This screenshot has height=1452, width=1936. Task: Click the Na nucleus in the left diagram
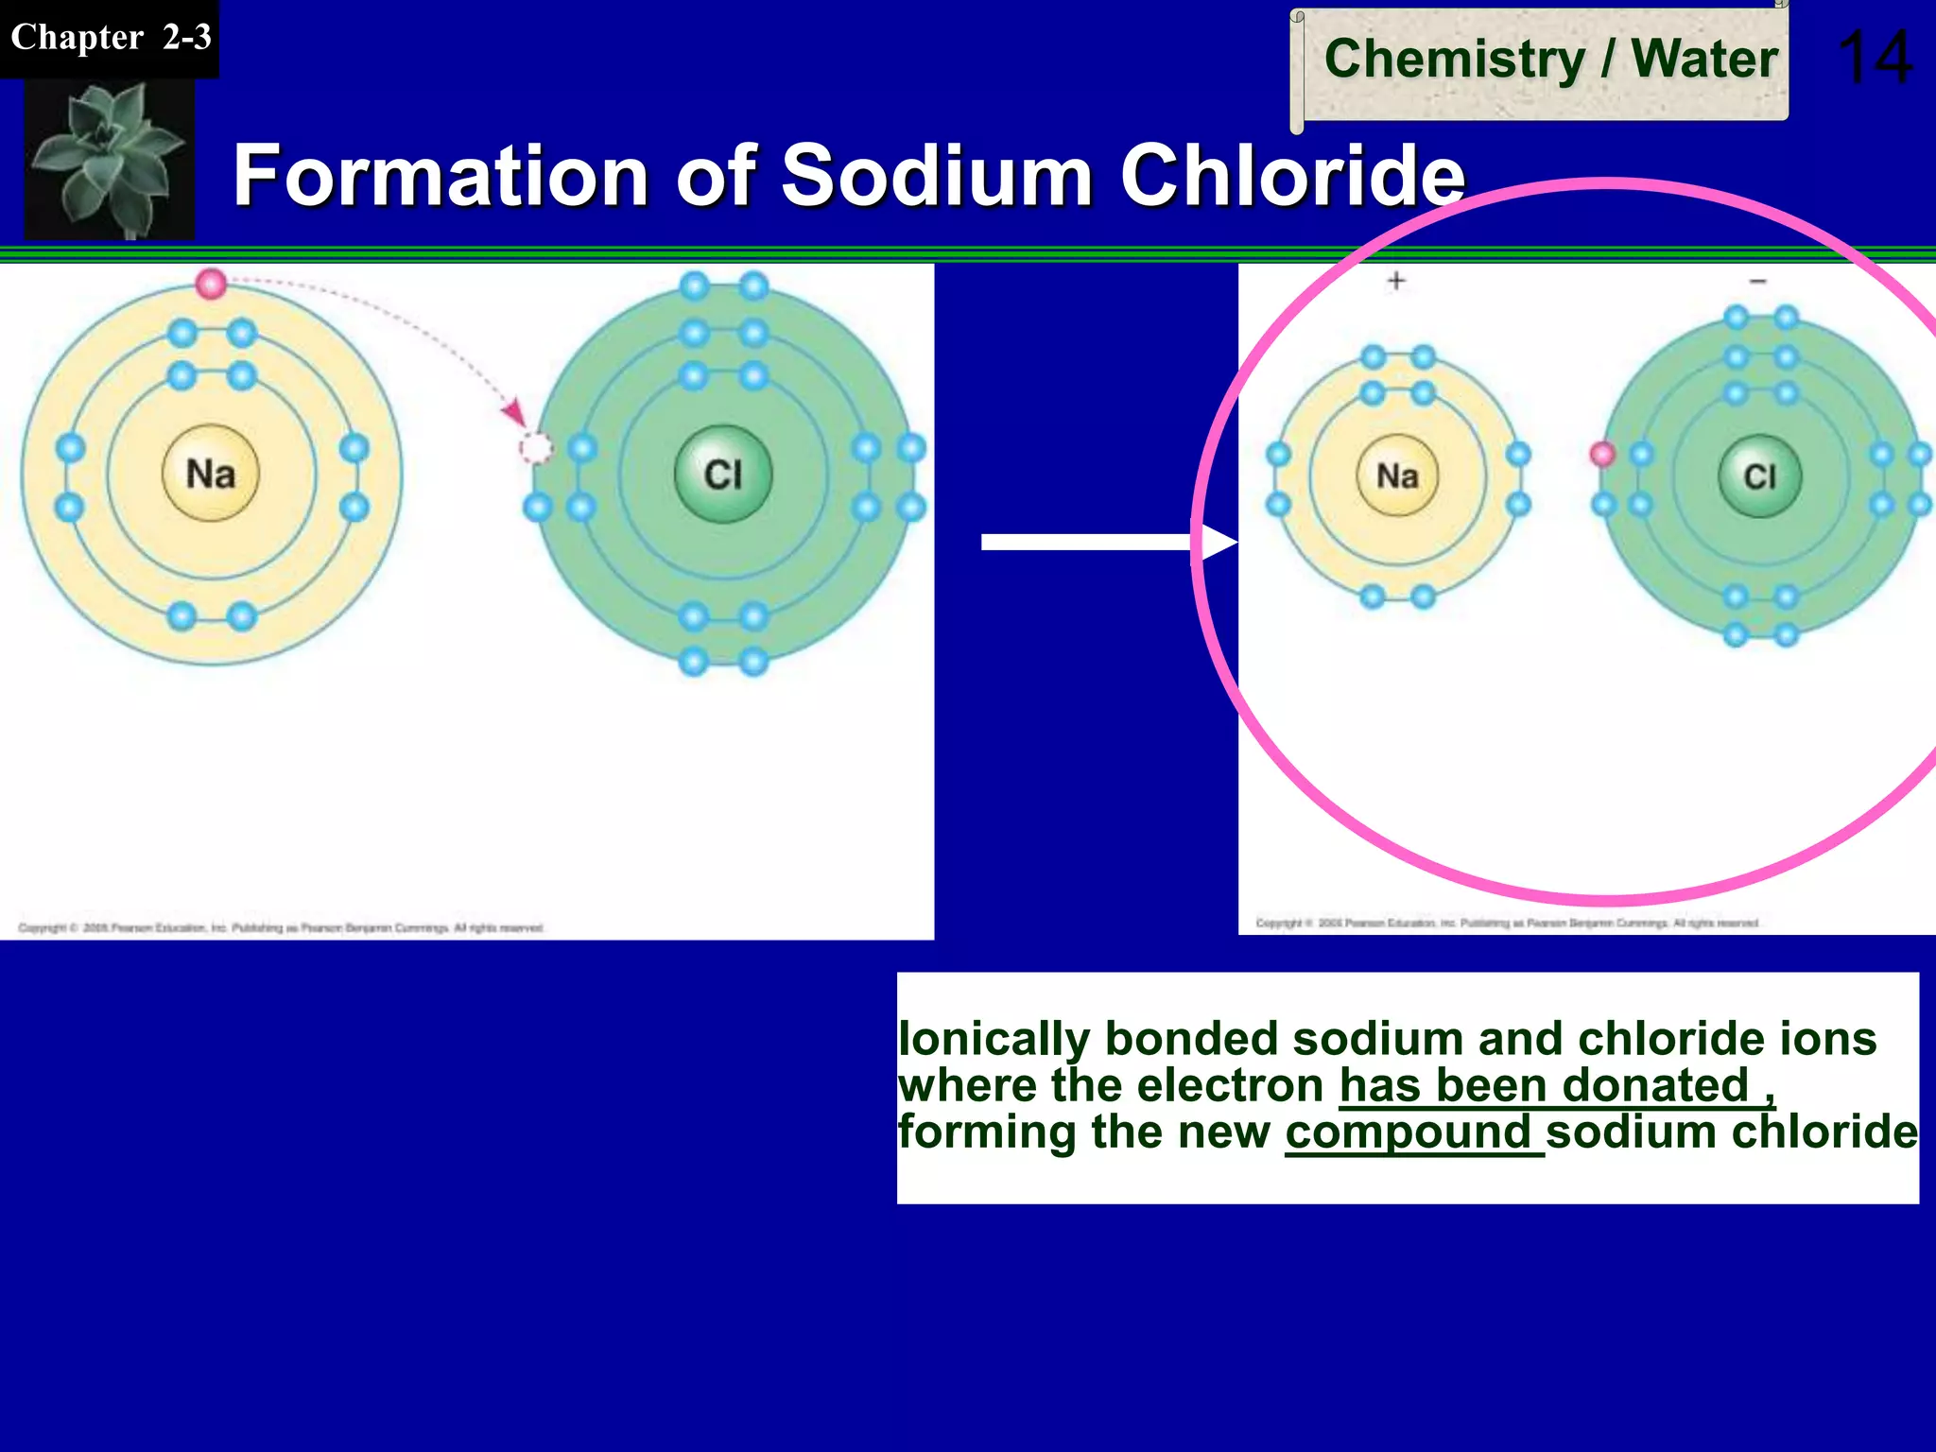pyautogui.click(x=210, y=474)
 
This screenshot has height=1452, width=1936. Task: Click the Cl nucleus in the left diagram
pyautogui.click(x=723, y=474)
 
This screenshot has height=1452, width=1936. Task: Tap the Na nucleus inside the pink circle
pyautogui.click(x=1397, y=475)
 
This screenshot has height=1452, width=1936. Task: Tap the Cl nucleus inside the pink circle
pyautogui.click(x=1759, y=475)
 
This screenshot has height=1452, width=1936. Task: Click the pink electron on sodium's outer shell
pyautogui.click(x=211, y=283)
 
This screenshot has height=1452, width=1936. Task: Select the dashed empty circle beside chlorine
pyautogui.click(x=536, y=448)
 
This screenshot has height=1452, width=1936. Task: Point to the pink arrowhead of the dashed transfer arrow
pyautogui.click(x=514, y=412)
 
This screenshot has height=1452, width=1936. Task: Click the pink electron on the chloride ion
pyautogui.click(x=1602, y=454)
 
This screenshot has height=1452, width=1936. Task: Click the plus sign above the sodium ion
pyautogui.click(x=1396, y=281)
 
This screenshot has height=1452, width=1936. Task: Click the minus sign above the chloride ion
pyautogui.click(x=1757, y=281)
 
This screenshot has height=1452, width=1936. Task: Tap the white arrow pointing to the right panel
pyautogui.click(x=1106, y=542)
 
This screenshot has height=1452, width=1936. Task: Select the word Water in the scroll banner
pyautogui.click(x=1704, y=59)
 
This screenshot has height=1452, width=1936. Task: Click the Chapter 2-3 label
pyautogui.click(x=110, y=38)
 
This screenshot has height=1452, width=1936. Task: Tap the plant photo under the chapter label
pyautogui.click(x=109, y=159)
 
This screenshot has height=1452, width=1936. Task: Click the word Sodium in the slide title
pyautogui.click(x=937, y=176)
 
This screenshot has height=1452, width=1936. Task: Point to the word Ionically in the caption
pyautogui.click(x=993, y=1040)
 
